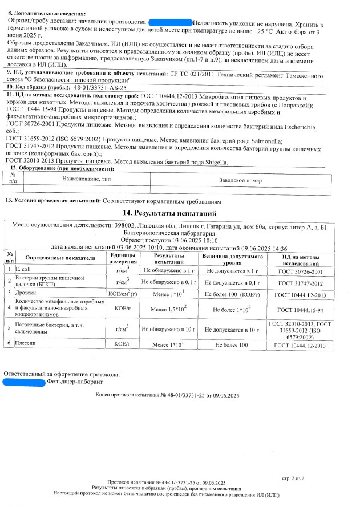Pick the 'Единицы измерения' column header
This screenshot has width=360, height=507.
122,258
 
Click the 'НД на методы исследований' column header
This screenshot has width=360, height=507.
299,258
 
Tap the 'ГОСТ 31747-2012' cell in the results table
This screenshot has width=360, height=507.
299,282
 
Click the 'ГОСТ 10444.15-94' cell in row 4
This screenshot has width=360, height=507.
299,310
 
